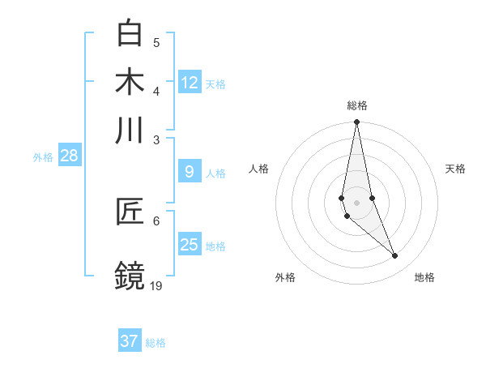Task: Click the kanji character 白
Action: point(130,33)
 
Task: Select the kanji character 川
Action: point(130,131)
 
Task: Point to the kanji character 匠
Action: point(130,212)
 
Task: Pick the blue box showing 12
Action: point(190,83)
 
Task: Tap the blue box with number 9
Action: point(190,172)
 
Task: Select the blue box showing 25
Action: point(190,245)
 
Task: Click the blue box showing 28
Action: point(69,156)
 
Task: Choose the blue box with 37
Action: point(130,341)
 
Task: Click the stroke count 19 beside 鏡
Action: point(157,285)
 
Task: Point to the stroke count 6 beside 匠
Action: point(156,220)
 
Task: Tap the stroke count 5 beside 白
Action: point(156,42)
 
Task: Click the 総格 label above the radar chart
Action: point(356,105)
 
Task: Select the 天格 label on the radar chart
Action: point(455,169)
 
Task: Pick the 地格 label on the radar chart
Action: point(424,277)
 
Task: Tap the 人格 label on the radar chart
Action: point(259,169)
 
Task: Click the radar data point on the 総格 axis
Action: point(356,122)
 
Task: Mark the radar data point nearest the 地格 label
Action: point(395,256)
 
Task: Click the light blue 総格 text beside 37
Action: point(156,343)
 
